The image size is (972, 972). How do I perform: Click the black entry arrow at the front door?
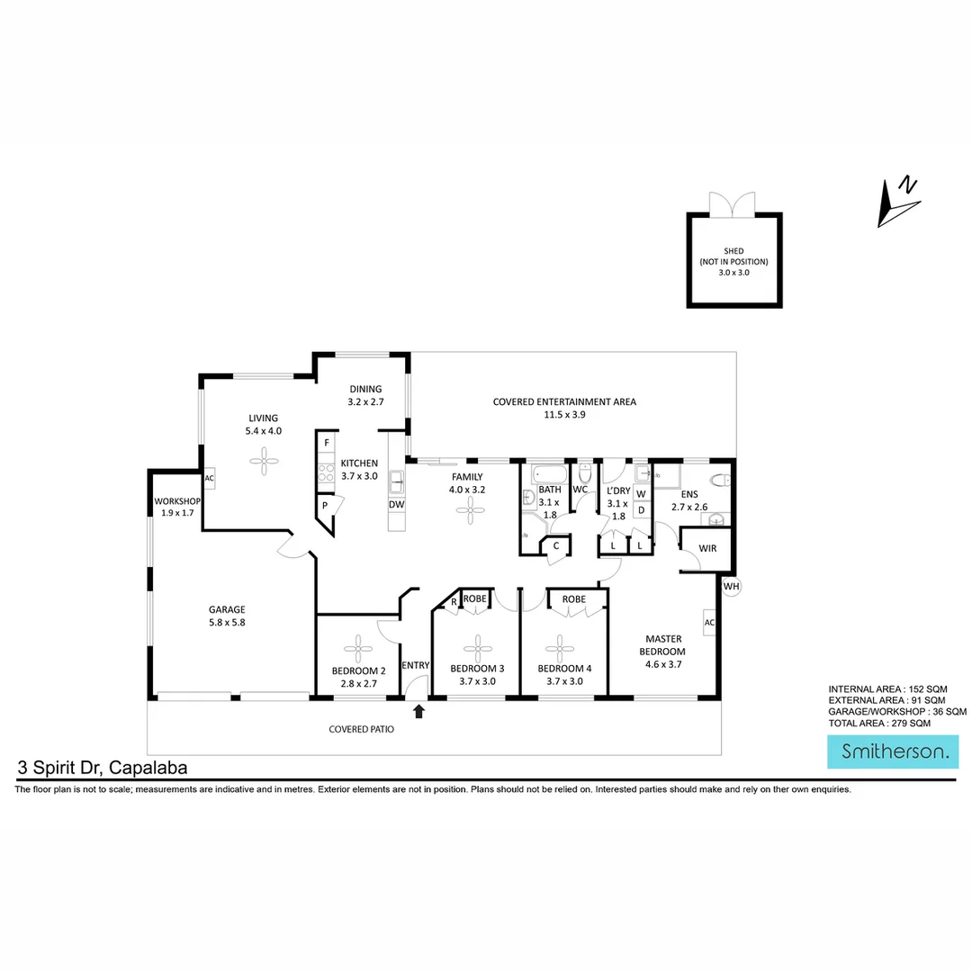click(418, 712)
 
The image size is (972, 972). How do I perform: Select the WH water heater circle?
click(732, 586)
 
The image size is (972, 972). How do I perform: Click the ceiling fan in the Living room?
click(265, 464)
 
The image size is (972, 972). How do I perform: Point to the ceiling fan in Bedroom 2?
click(359, 647)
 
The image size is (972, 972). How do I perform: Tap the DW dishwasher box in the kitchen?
click(397, 504)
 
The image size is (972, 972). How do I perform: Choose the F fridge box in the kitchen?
click(326, 444)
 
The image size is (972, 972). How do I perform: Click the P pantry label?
click(323, 507)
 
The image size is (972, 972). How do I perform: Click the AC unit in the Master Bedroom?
click(709, 623)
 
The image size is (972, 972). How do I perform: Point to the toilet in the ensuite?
click(720, 480)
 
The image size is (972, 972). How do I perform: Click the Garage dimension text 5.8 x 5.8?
click(229, 622)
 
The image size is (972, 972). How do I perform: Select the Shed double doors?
click(734, 204)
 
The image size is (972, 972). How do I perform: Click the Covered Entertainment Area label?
click(564, 402)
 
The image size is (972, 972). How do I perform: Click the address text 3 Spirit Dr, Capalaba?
click(101, 769)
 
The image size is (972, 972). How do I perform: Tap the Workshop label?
click(176, 500)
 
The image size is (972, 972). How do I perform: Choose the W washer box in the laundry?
click(641, 494)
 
